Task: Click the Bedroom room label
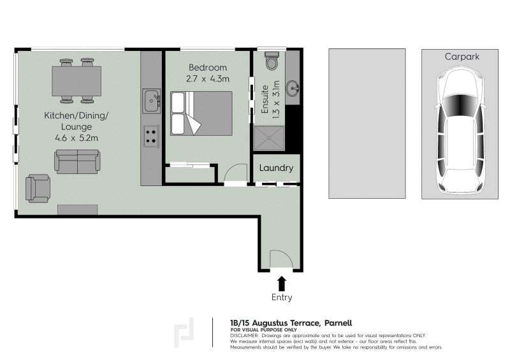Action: [x=207, y=68]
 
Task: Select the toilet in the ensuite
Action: [x=272, y=62]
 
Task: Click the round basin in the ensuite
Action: [x=294, y=88]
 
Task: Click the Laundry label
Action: [x=277, y=169]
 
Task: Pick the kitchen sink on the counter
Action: [x=152, y=100]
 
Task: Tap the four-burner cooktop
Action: [x=152, y=135]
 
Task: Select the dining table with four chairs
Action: [x=76, y=80]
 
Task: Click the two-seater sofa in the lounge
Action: [x=76, y=161]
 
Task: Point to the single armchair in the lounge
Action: [x=38, y=188]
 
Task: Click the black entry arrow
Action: [x=282, y=284]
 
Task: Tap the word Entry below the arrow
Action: [x=282, y=298]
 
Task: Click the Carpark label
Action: [x=462, y=57]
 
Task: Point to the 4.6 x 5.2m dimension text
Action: [x=75, y=137]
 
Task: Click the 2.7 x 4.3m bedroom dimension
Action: [x=207, y=79]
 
